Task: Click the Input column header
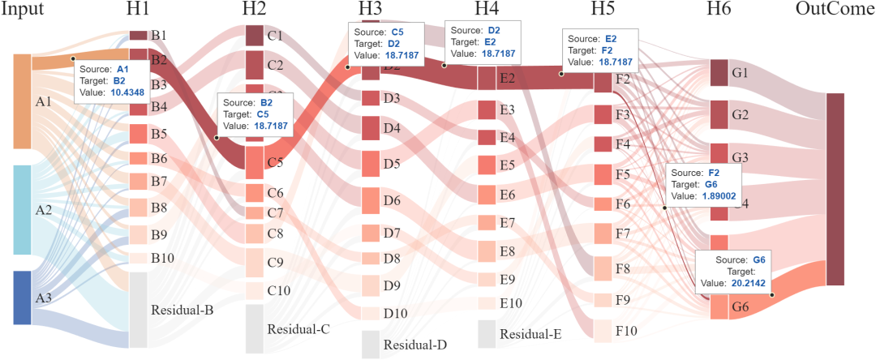coord(22,11)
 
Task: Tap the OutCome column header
coord(835,11)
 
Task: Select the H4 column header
coord(487,11)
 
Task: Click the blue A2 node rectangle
coord(22,210)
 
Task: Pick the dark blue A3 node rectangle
coord(22,298)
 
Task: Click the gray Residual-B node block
coord(138,310)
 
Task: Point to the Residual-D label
coord(415,345)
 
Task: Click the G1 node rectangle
coord(719,73)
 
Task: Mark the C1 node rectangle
coord(255,36)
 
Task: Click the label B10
coord(164,259)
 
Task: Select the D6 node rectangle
coord(370,200)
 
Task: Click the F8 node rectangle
coord(602,268)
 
